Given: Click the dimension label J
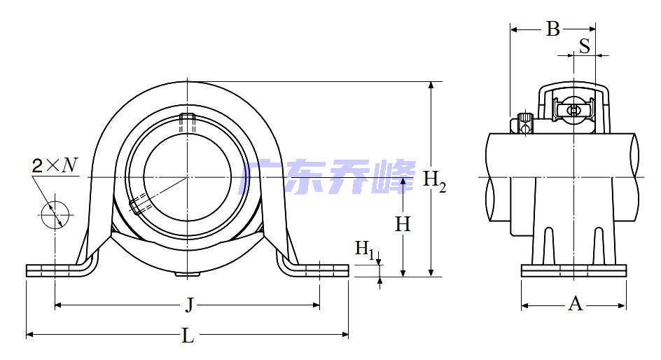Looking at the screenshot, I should click(188, 305).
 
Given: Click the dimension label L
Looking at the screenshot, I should click(188, 336).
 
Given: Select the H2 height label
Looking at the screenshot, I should click(435, 180).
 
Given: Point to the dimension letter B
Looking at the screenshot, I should click(553, 29).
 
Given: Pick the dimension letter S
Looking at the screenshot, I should click(584, 46).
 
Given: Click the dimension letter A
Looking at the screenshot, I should click(575, 304).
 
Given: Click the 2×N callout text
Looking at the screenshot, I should click(55, 165).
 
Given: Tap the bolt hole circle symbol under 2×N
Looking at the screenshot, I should click(54, 214).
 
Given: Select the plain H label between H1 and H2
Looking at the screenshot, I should click(403, 224).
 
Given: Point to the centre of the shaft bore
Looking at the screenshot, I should click(187, 178).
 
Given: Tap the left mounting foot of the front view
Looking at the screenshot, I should click(56, 270).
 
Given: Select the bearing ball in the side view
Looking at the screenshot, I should click(573, 110).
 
